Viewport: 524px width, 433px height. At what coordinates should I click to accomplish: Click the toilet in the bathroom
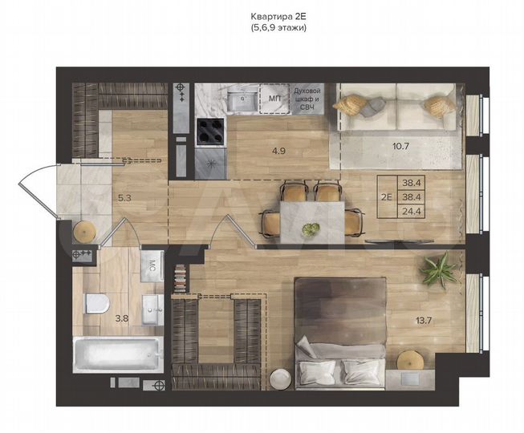click(x=97, y=302)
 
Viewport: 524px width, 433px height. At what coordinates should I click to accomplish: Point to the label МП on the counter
click(x=275, y=99)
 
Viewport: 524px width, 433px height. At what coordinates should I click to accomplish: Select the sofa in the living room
click(x=398, y=110)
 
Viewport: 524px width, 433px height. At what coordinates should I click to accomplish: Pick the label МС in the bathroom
click(x=152, y=265)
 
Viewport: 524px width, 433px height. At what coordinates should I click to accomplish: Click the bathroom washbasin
click(x=150, y=308)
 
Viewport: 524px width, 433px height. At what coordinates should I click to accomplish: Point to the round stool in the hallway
click(x=85, y=231)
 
